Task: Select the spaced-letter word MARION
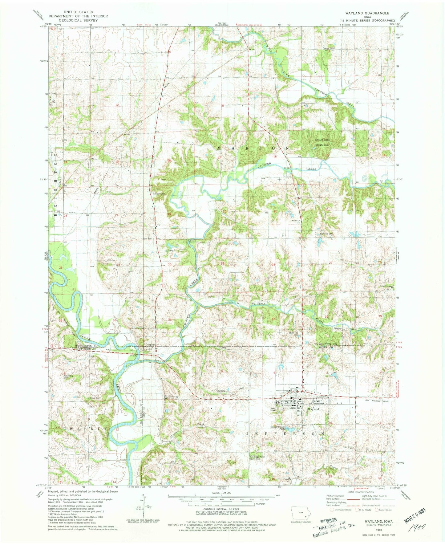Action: pos(253,148)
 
